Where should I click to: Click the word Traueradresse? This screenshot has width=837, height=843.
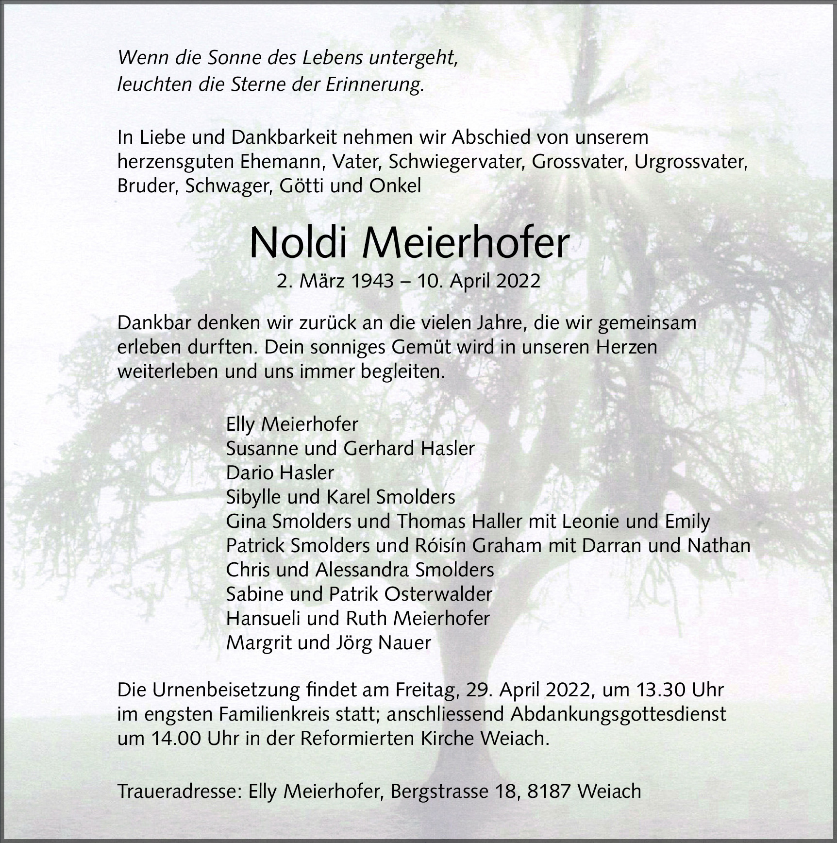[179, 792]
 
